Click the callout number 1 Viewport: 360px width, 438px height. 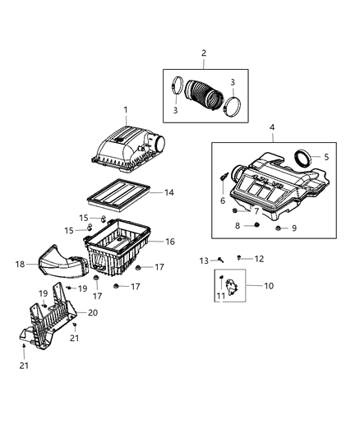pos(126,109)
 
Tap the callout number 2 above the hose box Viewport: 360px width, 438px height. pos(203,54)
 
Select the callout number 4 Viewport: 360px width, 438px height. pos(272,128)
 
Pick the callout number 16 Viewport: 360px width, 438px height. pos(170,242)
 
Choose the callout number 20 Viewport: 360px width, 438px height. pos(93,313)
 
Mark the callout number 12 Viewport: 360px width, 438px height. pos(259,259)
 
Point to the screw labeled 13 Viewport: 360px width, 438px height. pos(219,261)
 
